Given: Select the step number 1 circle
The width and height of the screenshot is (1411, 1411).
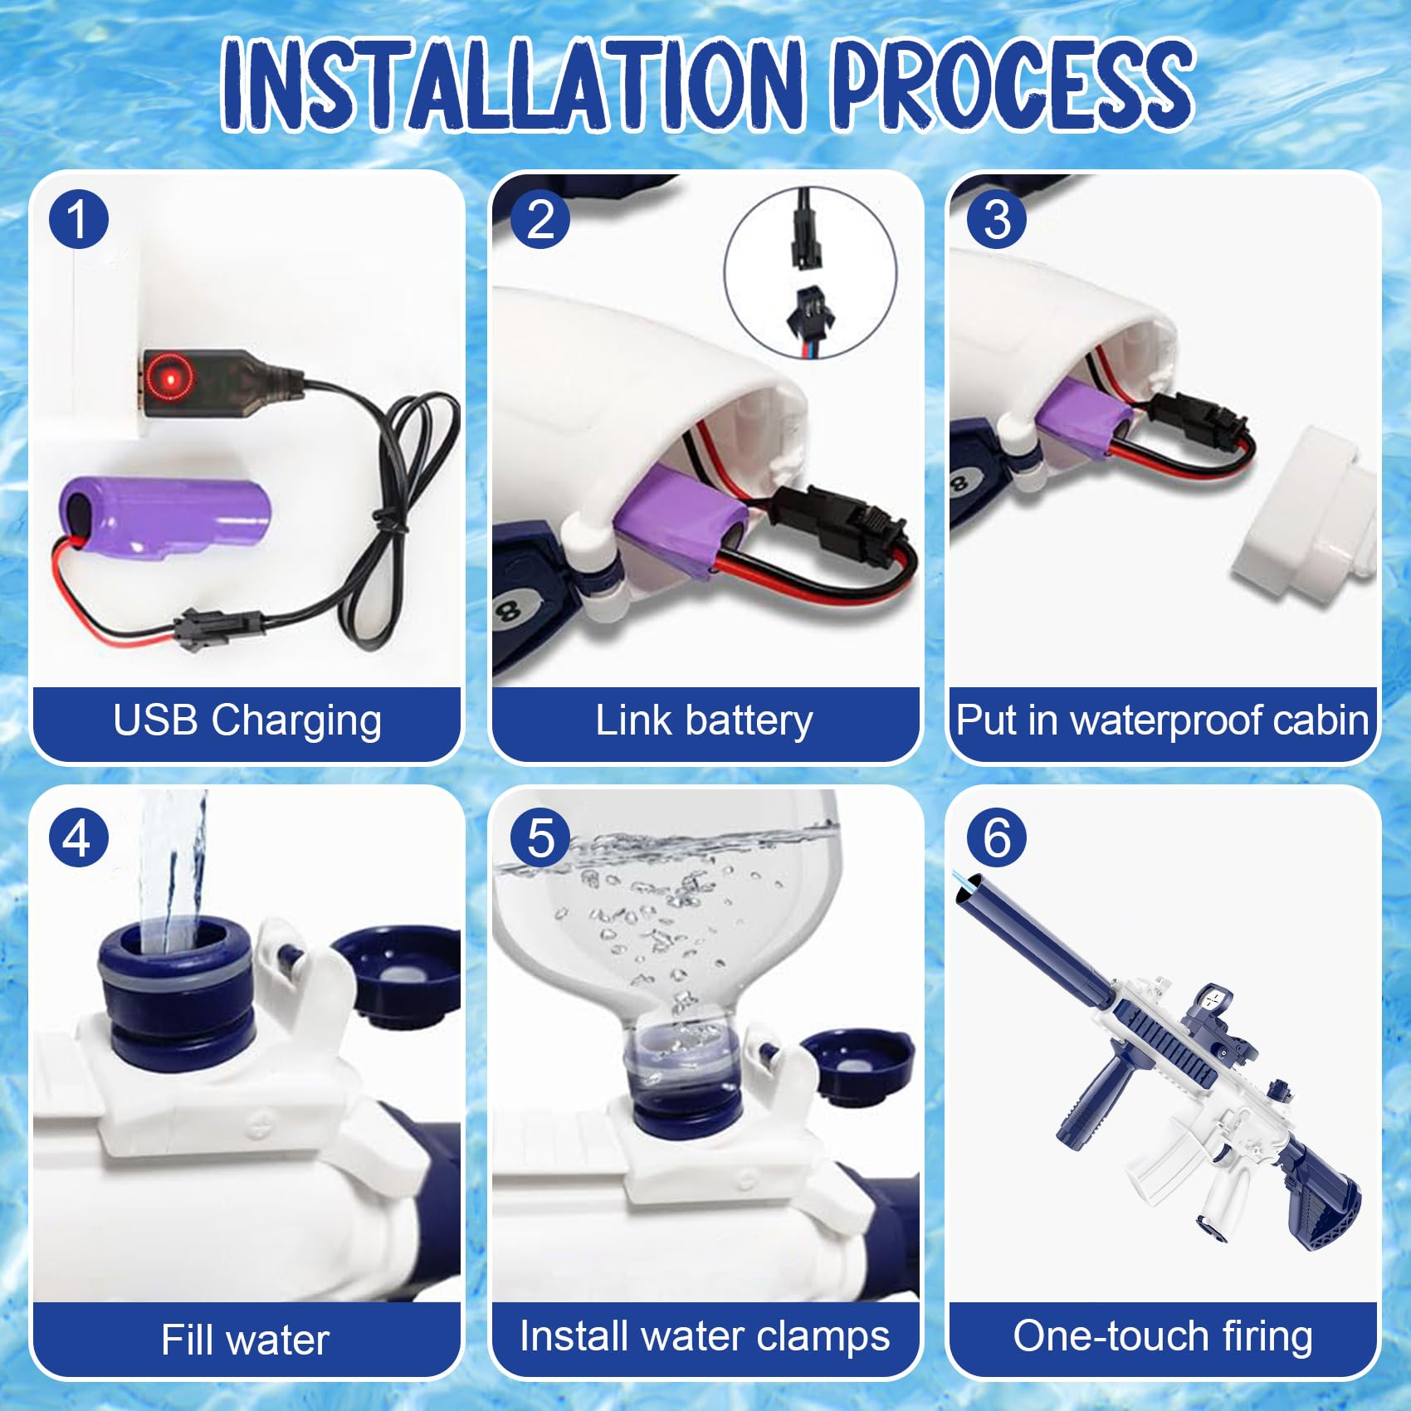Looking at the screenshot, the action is (x=79, y=219).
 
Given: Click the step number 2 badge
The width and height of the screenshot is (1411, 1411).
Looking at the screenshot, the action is (x=540, y=219).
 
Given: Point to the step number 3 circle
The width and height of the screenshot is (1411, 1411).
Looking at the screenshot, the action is (x=997, y=219).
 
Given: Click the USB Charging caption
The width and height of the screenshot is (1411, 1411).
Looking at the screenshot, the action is (x=247, y=720).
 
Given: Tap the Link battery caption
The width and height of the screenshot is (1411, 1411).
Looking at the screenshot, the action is (x=704, y=720).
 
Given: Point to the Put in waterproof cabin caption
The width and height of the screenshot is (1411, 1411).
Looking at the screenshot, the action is (x=1162, y=720).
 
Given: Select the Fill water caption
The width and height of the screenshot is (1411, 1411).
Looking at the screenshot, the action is (x=246, y=1340).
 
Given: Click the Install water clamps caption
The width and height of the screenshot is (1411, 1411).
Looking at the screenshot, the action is (x=705, y=1336).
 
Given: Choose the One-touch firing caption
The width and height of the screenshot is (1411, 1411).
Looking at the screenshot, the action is (x=1163, y=1336).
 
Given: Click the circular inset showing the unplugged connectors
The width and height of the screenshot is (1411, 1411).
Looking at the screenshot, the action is (x=811, y=272).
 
